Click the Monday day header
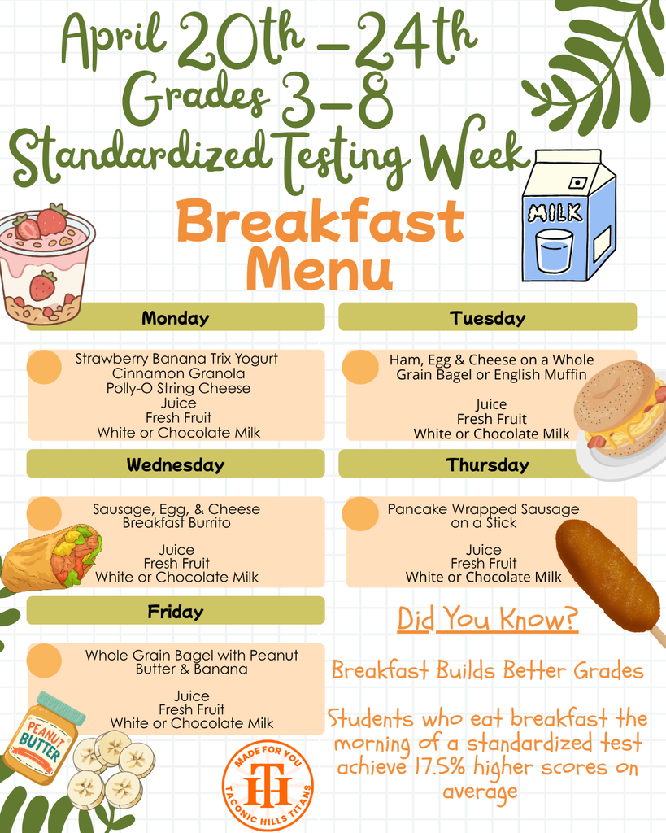[x=176, y=317]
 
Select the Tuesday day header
[x=487, y=317]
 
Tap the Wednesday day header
[x=176, y=464]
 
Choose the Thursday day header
[x=487, y=464]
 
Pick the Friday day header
[x=176, y=611]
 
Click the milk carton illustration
[x=567, y=218]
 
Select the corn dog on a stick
[x=608, y=576]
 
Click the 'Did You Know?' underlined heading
[x=487, y=620]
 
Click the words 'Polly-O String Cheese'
[x=178, y=388]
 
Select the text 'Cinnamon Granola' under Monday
[x=178, y=373]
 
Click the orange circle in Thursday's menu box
[x=359, y=514]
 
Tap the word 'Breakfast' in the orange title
[x=320, y=221]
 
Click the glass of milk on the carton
[x=554, y=251]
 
